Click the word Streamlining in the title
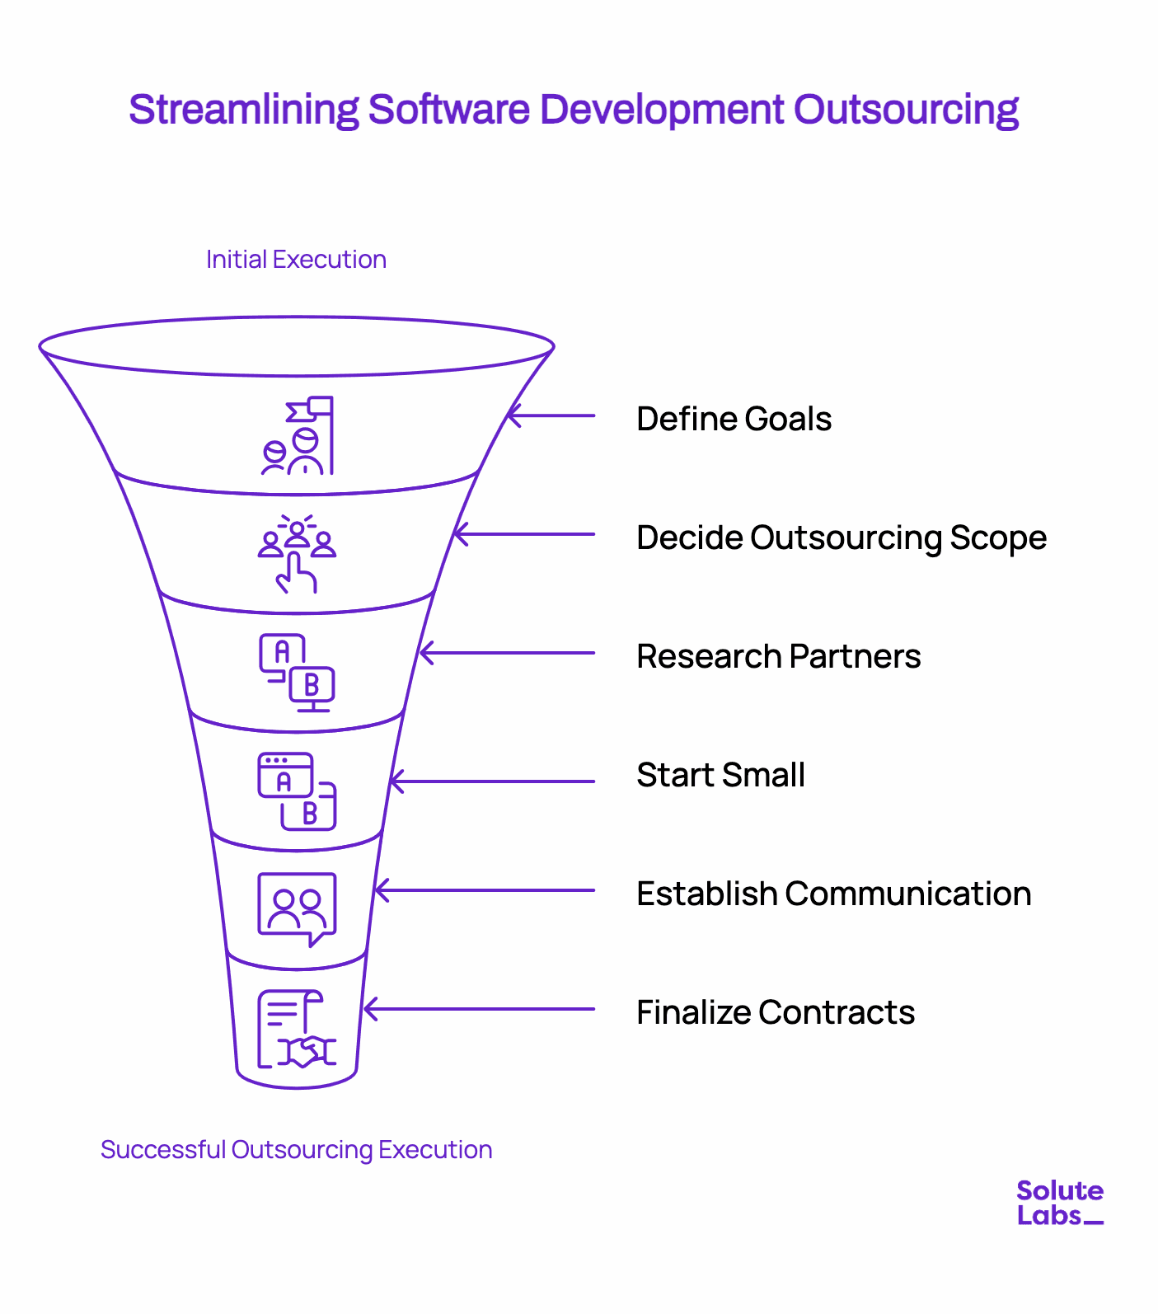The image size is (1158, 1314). coord(244,110)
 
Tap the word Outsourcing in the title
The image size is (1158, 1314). coord(906,110)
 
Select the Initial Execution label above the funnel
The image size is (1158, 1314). coord(296,260)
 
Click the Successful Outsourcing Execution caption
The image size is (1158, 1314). coord(296,1150)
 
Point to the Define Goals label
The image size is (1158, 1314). coord(734,419)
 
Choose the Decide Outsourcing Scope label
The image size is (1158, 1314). coord(842,537)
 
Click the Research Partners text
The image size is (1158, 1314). coord(779,656)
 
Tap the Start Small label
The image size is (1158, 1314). coord(721,775)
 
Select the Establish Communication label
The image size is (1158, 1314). coord(834,894)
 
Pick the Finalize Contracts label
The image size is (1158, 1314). coord(776,1012)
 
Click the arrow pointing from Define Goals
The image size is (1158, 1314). coord(551,415)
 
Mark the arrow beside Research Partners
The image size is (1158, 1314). coord(507,653)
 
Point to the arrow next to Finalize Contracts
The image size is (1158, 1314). coord(479,1009)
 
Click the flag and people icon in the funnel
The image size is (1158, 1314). coord(298,436)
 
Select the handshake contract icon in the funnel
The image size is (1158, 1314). coord(298,1029)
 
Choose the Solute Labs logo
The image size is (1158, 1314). coord(1060,1203)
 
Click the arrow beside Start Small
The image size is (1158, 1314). coord(492,781)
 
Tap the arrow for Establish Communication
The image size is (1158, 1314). coord(485,890)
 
